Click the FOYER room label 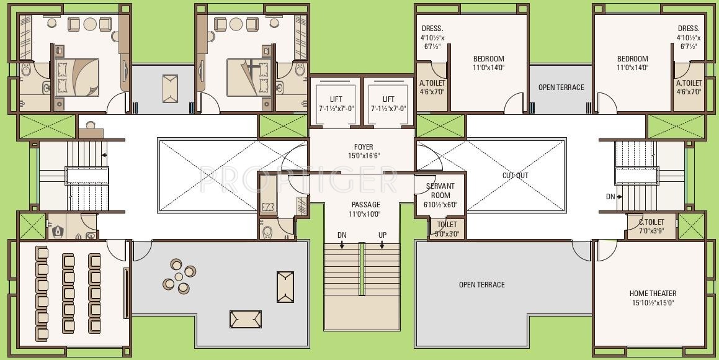[364, 147]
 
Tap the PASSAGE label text [365, 204]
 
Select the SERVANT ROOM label [440, 191]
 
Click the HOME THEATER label [653, 294]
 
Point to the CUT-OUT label [515, 176]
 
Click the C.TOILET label [651, 222]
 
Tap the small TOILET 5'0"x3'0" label [447, 225]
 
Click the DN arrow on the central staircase [342, 245]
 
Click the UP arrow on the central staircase [383, 245]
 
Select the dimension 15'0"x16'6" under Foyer [364, 156]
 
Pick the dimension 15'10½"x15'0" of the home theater [653, 303]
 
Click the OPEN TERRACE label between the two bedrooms [561, 88]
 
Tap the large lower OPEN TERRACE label [481, 285]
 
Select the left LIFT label [336, 99]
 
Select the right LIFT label [388, 99]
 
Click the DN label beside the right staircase [610, 197]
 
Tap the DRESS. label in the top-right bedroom [688, 29]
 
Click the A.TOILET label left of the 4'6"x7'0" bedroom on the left [432, 83]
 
